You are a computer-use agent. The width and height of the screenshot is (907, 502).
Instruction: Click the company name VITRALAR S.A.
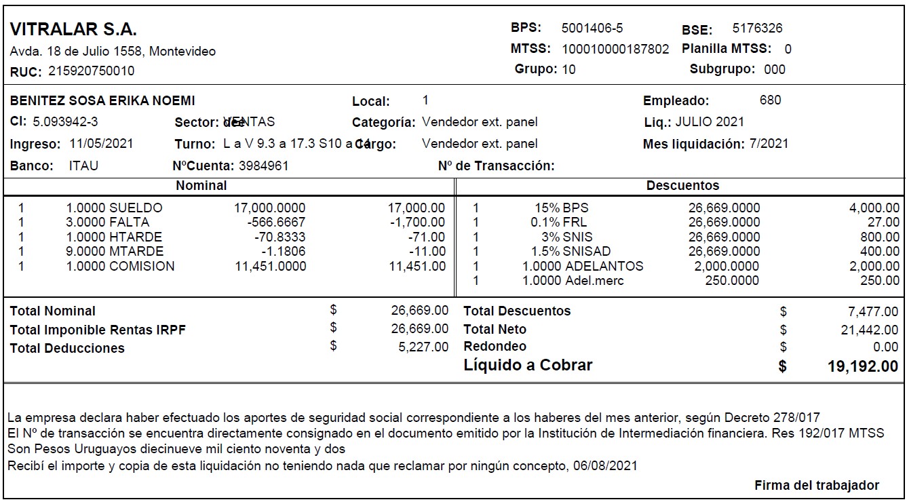coord(73,30)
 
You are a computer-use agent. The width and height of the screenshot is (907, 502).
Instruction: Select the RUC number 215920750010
coord(91,71)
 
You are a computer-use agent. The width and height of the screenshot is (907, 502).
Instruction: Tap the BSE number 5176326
coord(757,28)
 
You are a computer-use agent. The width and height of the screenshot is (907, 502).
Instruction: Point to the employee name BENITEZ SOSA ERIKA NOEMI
coord(102,101)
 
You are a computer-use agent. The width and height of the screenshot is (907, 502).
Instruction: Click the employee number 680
coord(770,100)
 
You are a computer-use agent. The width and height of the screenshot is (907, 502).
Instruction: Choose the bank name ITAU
coord(83,166)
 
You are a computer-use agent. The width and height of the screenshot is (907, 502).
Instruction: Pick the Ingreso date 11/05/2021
coord(101,144)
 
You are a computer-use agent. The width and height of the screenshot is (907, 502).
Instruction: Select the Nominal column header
coord(201,185)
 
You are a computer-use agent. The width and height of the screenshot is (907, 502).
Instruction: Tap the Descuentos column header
coord(682,185)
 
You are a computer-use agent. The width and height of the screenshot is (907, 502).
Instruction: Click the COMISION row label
coord(142,267)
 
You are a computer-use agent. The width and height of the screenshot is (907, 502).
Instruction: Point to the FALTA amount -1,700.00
coord(418,223)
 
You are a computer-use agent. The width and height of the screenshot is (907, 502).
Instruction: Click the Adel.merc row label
coord(594,281)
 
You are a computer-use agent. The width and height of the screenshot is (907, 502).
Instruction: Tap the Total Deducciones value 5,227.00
coord(420,347)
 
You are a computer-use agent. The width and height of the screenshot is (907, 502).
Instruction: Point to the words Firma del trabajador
coord(816,485)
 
